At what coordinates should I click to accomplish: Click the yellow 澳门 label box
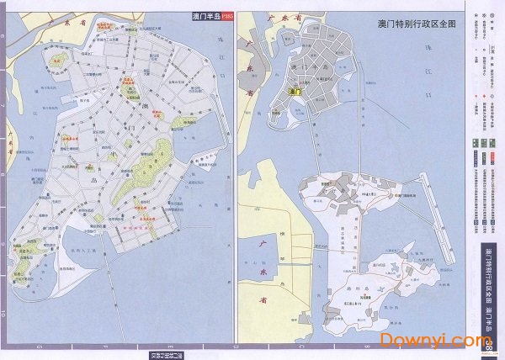click(x=295, y=92)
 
